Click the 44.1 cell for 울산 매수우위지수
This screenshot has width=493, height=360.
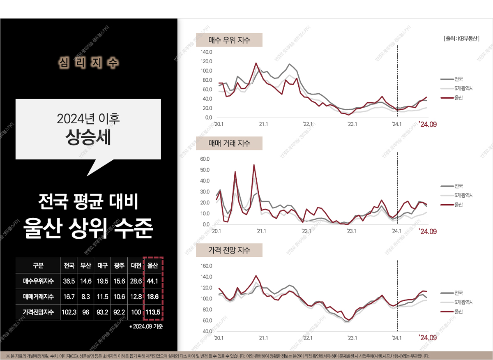[153, 282]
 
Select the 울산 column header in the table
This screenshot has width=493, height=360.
[153, 265]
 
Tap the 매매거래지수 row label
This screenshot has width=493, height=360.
[38, 296]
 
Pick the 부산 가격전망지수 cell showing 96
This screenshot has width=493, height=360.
[85, 312]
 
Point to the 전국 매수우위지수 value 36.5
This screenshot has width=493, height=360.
[69, 282]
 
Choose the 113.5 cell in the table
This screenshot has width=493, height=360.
[153, 312]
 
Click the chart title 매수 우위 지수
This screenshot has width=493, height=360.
[229, 40]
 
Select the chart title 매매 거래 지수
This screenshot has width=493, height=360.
[229, 143]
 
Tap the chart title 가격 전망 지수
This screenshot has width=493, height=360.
[229, 250]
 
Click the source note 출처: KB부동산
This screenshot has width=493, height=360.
[461, 39]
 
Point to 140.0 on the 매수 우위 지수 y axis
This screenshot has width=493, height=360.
[206, 52]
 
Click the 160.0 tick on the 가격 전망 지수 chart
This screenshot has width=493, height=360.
[206, 266]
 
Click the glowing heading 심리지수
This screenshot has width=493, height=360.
[89, 62]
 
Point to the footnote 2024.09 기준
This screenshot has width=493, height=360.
[146, 327]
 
